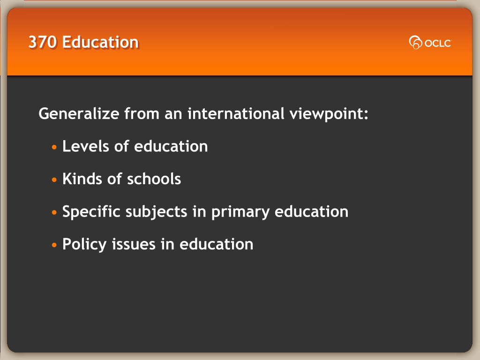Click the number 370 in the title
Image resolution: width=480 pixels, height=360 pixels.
point(43,42)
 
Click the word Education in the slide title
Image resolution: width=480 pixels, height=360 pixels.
point(100,42)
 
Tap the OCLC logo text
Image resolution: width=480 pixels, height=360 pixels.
point(438,43)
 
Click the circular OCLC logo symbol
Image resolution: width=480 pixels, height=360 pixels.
point(415,43)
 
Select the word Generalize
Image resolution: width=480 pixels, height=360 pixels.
point(79,113)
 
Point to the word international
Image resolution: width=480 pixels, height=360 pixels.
point(236,113)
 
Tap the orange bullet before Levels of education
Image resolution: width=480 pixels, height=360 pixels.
point(54,147)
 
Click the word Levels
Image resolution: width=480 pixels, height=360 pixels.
point(86,146)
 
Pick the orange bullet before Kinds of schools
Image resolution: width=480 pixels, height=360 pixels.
point(54,180)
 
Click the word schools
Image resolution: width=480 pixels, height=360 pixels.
point(154,179)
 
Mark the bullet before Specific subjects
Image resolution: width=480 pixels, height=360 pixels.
point(54,212)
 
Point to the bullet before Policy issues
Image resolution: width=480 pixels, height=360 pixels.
point(54,245)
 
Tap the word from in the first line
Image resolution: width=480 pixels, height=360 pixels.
point(142,113)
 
